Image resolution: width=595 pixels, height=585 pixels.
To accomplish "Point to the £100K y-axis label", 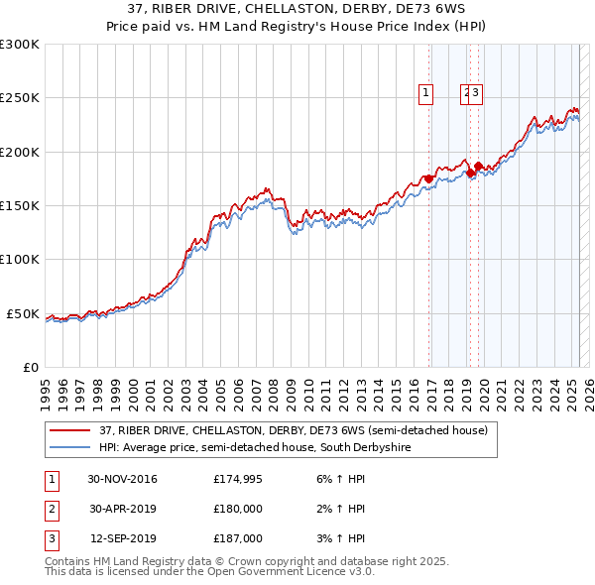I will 20,260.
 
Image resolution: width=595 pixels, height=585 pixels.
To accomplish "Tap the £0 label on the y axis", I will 30,368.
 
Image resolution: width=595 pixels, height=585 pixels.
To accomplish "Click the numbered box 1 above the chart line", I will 425,94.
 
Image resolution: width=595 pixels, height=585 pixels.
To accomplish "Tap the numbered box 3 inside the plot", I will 476,94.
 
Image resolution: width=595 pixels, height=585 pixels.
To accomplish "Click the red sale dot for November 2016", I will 428,178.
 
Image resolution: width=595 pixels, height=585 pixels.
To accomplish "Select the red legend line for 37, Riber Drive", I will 69,431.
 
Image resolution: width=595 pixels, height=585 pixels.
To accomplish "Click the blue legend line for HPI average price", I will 69,448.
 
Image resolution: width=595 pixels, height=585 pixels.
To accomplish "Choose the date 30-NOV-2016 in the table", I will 122,480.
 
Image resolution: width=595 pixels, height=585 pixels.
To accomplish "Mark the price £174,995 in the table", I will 238,480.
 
